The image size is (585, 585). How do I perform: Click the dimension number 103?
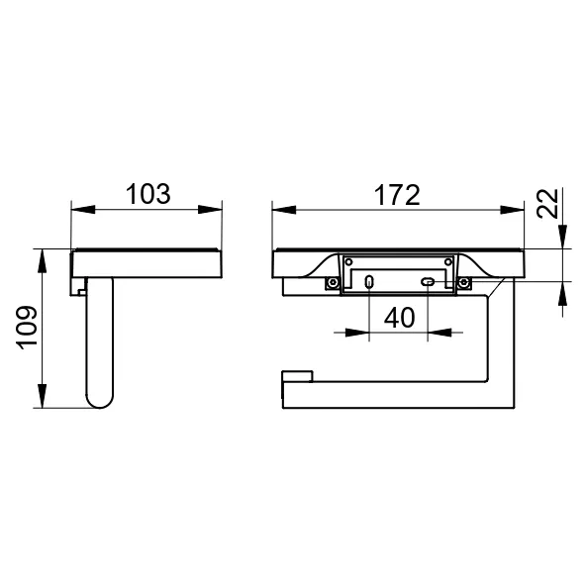click(148, 194)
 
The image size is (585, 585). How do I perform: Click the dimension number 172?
click(397, 195)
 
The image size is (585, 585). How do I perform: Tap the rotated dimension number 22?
click(547, 203)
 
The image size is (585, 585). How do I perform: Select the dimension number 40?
click(399, 318)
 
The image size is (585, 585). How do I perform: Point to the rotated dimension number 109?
click(27, 328)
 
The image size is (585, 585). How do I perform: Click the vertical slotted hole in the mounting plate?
click(369, 282)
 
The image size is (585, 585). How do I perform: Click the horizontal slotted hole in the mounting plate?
click(428, 282)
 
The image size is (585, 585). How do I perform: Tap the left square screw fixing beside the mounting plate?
click(332, 283)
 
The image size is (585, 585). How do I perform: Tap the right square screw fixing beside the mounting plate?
click(464, 283)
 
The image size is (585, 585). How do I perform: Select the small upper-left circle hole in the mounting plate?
click(349, 262)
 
